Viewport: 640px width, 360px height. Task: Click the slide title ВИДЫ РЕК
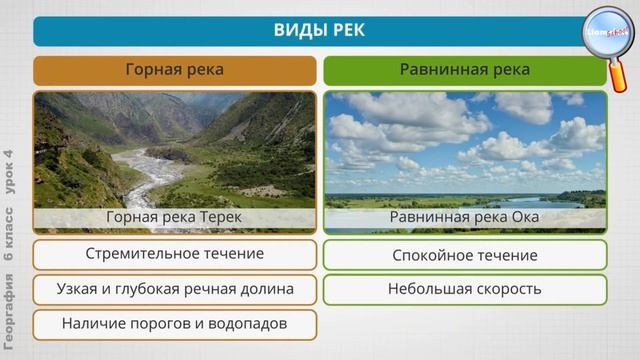pos(320,30)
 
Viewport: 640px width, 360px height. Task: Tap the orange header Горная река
pos(174,70)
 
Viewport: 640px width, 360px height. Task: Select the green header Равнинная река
pos(464,70)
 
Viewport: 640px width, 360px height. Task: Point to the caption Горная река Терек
pos(174,217)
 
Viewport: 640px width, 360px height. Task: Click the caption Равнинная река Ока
pos(464,217)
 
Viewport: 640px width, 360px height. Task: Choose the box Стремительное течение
pos(174,254)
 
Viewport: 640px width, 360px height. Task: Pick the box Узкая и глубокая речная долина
pos(174,289)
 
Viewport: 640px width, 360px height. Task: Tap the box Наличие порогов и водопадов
pos(174,324)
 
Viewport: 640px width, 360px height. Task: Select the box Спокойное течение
pos(464,255)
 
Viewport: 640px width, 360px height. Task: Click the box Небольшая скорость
pos(464,289)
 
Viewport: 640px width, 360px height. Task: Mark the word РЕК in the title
pos(346,30)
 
